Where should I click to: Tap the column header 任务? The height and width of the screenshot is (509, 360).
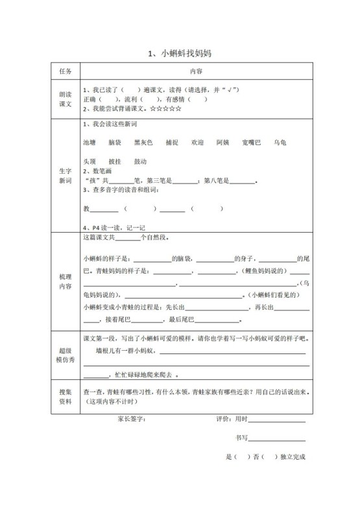tap(65, 71)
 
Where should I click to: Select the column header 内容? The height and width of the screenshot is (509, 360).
tap(197, 71)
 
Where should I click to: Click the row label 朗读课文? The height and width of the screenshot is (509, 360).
tap(65, 98)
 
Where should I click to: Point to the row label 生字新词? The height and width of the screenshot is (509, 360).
tap(65, 175)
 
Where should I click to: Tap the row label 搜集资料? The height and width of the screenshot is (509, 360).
tap(65, 396)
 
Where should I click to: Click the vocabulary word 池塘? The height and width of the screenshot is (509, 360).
tap(90, 141)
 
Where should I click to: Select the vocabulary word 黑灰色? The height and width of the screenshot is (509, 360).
tap(143, 141)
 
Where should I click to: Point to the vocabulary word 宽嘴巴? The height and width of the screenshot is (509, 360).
tap(251, 141)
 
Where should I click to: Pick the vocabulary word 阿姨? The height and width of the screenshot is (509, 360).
tap(222, 141)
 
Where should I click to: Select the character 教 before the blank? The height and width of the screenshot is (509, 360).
tap(86, 209)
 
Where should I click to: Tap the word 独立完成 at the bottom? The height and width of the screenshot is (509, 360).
tap(293, 456)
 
